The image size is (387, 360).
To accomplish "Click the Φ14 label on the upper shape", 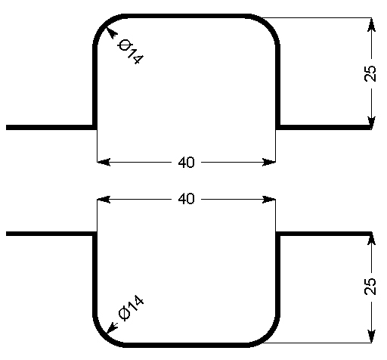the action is pyautogui.click(x=131, y=52).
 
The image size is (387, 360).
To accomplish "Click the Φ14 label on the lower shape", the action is pyautogui.click(x=131, y=307).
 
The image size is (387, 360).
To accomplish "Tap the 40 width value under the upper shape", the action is pyautogui.click(x=187, y=163).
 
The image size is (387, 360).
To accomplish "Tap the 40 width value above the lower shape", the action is pyautogui.click(x=187, y=199).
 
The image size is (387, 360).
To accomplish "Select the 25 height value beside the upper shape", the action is pyautogui.click(x=370, y=73).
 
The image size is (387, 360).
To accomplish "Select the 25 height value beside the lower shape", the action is pyautogui.click(x=370, y=286).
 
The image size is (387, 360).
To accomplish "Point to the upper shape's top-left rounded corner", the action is pyautogui.click(x=104, y=25).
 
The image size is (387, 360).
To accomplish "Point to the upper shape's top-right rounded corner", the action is pyautogui.click(x=270, y=25).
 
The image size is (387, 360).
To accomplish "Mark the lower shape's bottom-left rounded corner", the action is pyautogui.click(x=104, y=337).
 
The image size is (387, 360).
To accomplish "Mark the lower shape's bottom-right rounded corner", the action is pyautogui.click(x=270, y=337).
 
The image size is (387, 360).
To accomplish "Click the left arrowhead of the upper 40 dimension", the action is pyautogui.click(x=104, y=162).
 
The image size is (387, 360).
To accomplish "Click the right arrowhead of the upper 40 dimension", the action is pyautogui.click(x=269, y=162).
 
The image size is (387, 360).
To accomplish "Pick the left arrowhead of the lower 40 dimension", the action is pyautogui.click(x=104, y=200).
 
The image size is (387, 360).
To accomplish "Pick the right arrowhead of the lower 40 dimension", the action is pyautogui.click(x=269, y=200).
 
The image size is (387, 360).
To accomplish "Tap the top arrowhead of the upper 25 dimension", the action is pyautogui.click(x=371, y=25).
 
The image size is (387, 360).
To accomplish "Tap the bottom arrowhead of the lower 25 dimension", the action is pyautogui.click(x=371, y=336).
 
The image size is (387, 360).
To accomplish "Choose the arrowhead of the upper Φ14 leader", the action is pyautogui.click(x=111, y=33).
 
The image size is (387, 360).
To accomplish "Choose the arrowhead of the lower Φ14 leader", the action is pyautogui.click(x=112, y=327).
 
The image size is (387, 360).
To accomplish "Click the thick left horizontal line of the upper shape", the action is pyautogui.click(x=50, y=127).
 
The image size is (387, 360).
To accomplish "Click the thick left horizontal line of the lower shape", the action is pyautogui.click(x=50, y=234).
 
